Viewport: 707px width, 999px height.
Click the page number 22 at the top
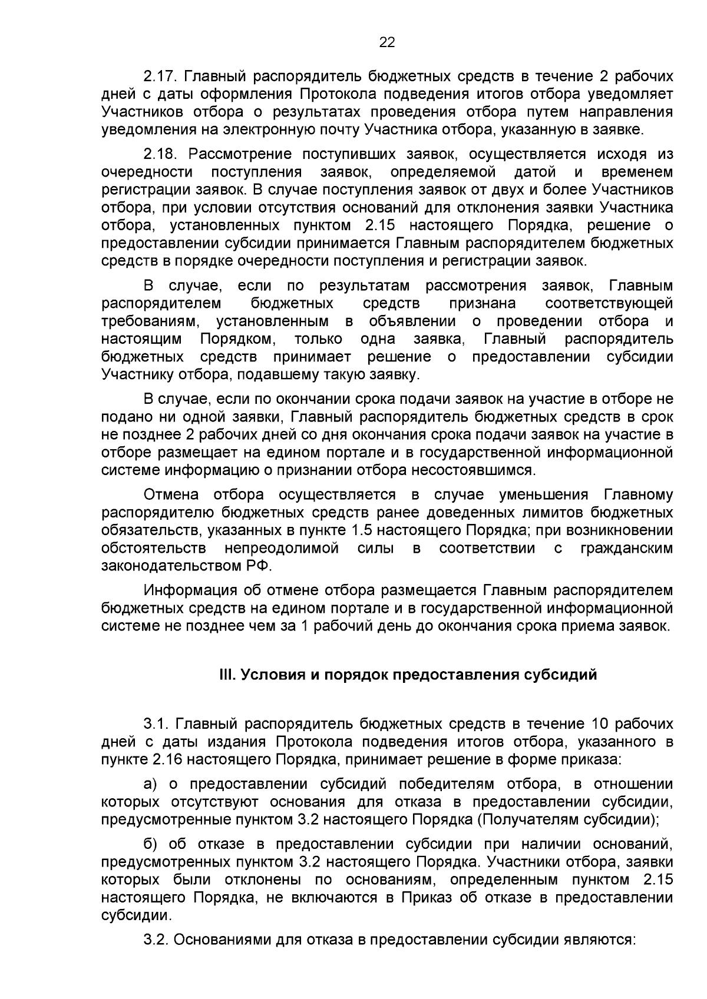pos(387,42)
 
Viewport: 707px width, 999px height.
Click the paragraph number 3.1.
pos(156,723)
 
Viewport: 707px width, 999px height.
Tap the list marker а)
pos(152,784)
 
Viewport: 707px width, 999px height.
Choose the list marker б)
pos(152,844)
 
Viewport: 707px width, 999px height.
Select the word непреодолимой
pos(282,549)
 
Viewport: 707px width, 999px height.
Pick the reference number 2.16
pos(166,759)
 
